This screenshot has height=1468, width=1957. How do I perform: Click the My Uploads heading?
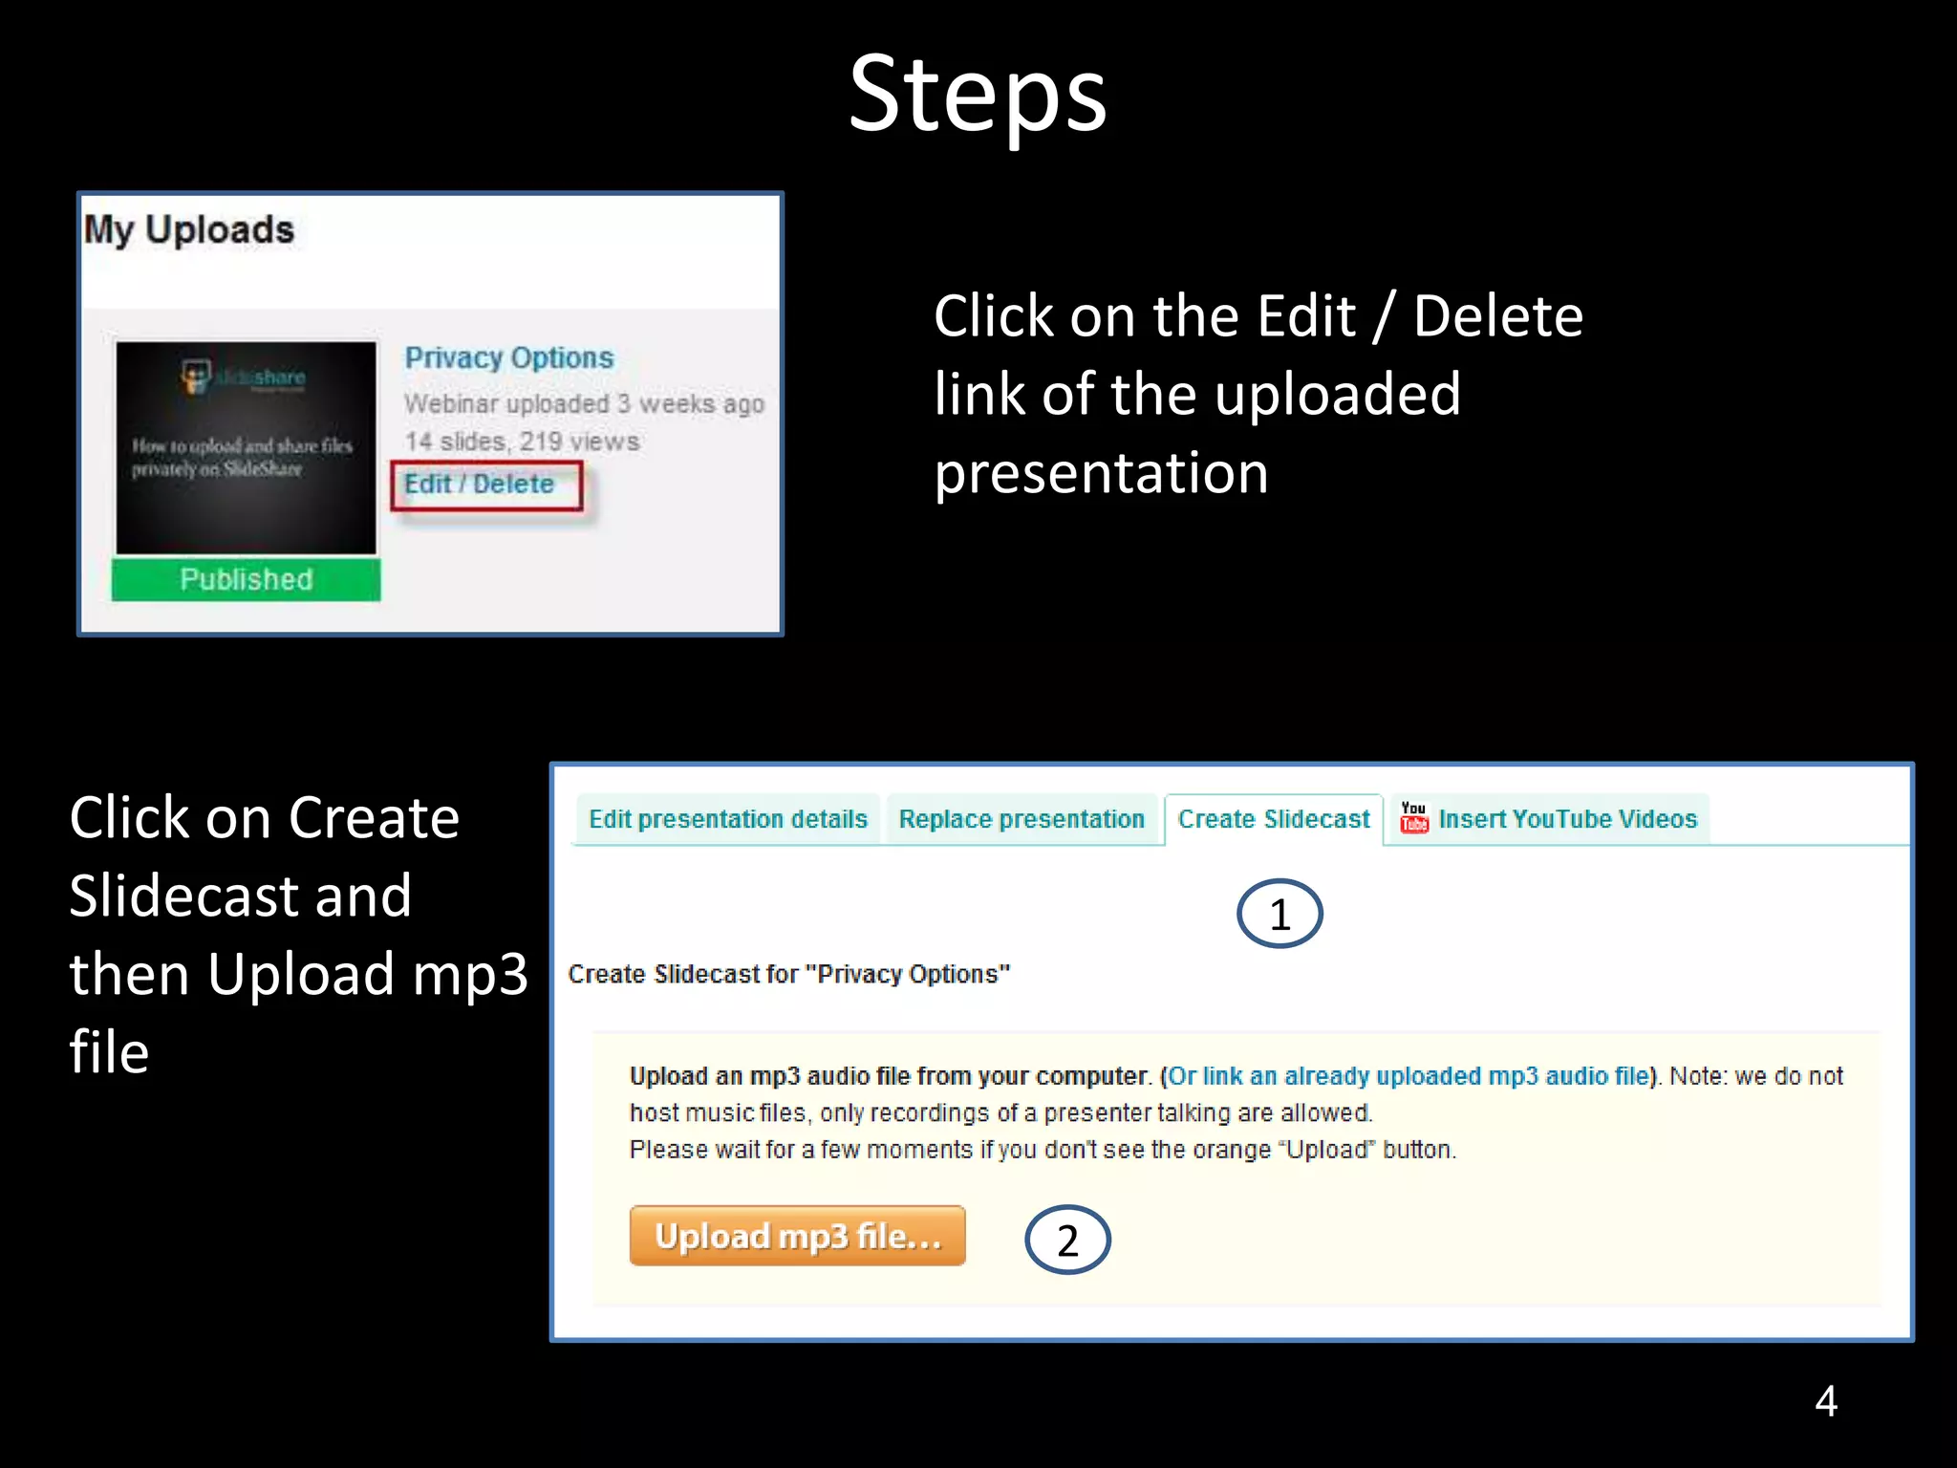point(189,230)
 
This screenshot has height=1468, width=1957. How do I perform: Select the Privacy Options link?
point(508,357)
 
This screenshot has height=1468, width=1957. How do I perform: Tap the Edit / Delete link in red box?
point(479,485)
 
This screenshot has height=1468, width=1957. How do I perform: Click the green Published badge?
point(246,579)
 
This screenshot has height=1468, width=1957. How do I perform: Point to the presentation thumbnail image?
point(246,447)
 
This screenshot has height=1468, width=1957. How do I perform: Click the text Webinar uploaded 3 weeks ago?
point(583,404)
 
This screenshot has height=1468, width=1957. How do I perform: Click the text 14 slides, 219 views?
point(521,442)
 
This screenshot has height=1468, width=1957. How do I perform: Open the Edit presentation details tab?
point(727,819)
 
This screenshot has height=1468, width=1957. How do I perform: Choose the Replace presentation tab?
point(1021,819)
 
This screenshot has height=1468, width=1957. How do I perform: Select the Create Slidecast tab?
point(1273,819)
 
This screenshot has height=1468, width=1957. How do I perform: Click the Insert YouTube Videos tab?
point(1567,819)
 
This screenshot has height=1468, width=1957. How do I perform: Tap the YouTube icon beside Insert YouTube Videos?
point(1413,818)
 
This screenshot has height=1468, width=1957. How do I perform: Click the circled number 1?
point(1280,915)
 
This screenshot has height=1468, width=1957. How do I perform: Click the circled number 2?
point(1067,1241)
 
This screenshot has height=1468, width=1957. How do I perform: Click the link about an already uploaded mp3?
point(1409,1076)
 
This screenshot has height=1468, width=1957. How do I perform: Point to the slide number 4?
point(1825,1401)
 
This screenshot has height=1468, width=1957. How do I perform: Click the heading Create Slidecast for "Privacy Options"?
point(788,974)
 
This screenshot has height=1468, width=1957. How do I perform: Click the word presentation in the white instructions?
point(1100,473)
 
